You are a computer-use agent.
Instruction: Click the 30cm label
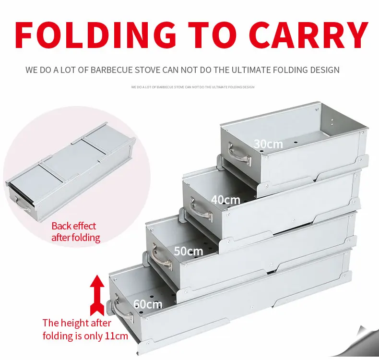(268, 144)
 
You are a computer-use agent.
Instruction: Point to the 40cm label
(225, 200)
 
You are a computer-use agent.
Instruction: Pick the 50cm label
(188, 251)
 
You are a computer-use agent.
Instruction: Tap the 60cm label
(148, 304)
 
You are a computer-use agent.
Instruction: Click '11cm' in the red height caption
(118, 336)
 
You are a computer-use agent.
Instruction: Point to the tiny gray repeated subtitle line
(192, 87)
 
